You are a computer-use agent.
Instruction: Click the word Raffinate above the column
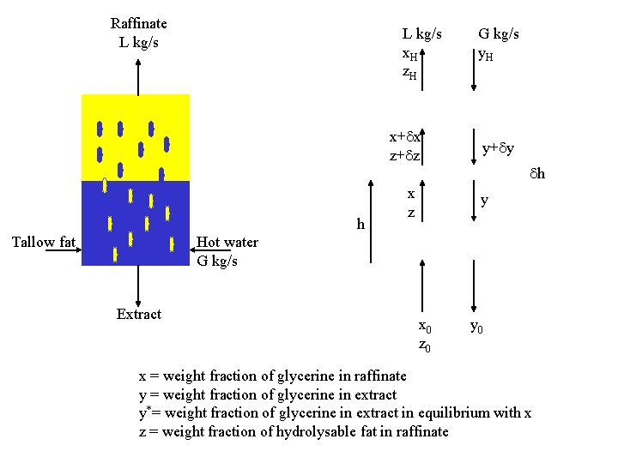(x=139, y=24)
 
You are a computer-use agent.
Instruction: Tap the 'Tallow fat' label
(x=44, y=243)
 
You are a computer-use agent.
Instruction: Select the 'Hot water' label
(x=227, y=243)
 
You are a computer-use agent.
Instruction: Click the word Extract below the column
(x=139, y=314)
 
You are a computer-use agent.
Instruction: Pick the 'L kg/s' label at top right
(x=422, y=34)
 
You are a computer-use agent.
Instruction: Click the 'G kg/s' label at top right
(x=499, y=34)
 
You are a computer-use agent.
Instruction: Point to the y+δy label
(x=498, y=149)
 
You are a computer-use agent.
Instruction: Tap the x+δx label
(x=404, y=136)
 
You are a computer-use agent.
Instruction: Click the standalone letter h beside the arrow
(x=360, y=225)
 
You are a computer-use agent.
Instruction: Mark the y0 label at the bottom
(x=477, y=327)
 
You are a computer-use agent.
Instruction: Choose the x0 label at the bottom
(x=424, y=327)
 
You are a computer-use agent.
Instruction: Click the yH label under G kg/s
(x=486, y=55)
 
